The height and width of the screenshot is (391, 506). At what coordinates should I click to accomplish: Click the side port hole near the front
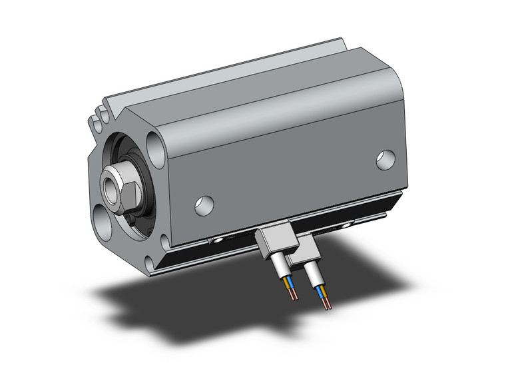[x=204, y=205]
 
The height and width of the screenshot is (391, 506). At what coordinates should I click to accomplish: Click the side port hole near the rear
[x=385, y=159]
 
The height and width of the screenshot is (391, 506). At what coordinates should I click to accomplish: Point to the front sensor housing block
[x=274, y=241]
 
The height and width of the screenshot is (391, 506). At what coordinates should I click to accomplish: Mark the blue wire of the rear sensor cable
[x=323, y=292]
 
